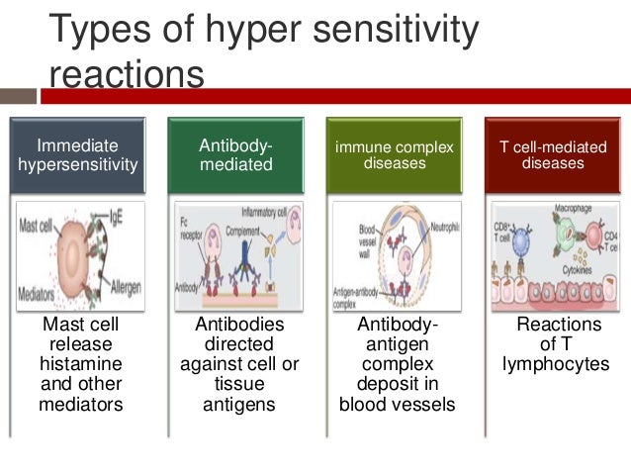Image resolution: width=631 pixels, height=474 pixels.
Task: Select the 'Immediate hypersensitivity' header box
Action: [x=78, y=154]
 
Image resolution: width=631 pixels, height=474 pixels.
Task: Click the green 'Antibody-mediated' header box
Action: [x=235, y=154]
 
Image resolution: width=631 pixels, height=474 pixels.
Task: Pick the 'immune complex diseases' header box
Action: [x=394, y=154]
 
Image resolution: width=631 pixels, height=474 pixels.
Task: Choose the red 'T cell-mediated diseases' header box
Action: [x=552, y=154]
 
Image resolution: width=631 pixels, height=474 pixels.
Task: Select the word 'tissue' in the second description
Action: [x=235, y=384]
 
